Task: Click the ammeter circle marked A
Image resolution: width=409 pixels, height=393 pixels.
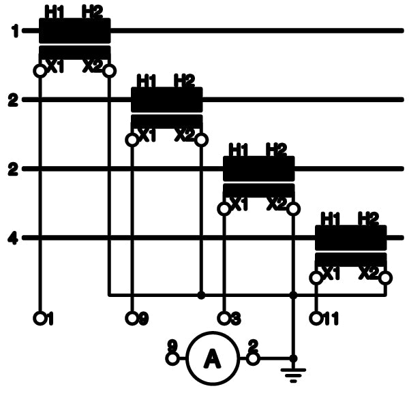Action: click(x=211, y=358)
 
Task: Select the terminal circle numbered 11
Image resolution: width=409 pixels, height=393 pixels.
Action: click(x=316, y=317)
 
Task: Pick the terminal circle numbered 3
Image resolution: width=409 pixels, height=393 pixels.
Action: click(x=224, y=317)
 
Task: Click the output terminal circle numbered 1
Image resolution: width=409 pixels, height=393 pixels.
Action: click(x=40, y=317)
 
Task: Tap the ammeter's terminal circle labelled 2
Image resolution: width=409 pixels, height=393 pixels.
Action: click(x=252, y=358)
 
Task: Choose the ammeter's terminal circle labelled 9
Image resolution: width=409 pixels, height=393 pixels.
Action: click(x=172, y=358)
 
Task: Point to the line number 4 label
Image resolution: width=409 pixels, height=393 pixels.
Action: click(x=13, y=238)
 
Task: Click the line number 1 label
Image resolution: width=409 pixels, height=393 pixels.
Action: click(x=13, y=31)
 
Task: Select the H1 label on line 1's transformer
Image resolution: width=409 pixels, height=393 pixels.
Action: click(x=53, y=11)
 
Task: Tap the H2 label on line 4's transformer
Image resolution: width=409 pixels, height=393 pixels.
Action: click(x=367, y=218)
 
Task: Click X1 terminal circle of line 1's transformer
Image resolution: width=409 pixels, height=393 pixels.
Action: click(x=40, y=70)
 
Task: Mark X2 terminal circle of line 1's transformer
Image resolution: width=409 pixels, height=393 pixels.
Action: click(x=110, y=70)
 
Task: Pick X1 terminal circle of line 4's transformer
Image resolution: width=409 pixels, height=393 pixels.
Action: click(x=316, y=278)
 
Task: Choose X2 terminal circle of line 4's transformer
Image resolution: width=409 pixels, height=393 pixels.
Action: click(x=386, y=278)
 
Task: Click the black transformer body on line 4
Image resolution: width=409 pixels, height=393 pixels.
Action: click(x=351, y=238)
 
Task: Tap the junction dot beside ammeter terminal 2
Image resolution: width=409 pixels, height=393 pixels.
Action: click(x=293, y=358)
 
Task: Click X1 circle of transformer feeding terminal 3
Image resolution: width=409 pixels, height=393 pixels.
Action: click(x=224, y=208)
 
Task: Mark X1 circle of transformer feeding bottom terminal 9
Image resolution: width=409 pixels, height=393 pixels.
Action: click(x=132, y=140)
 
